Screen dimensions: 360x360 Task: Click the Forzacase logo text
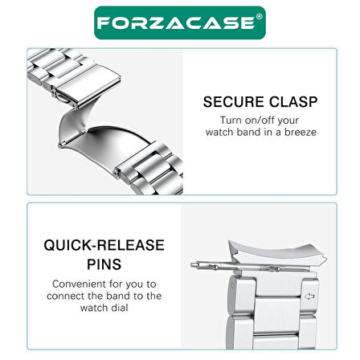[176, 22]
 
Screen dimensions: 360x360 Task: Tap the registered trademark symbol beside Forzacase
[260, 17]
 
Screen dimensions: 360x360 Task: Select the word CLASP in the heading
[293, 102]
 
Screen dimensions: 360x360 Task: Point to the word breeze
[301, 132]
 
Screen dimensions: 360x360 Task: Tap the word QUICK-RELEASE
[104, 245]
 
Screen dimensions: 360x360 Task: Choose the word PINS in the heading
[104, 264]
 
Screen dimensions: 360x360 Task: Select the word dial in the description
[120, 308]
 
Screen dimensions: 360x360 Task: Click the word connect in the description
[64, 296]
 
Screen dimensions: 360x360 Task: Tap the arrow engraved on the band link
[310, 297]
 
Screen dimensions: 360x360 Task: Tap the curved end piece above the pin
[277, 253]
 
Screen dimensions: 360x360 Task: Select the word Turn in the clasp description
[231, 121]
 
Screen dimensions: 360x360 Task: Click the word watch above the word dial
[95, 308]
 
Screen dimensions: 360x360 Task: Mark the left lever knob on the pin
[214, 267]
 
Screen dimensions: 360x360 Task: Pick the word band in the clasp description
[250, 132]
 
